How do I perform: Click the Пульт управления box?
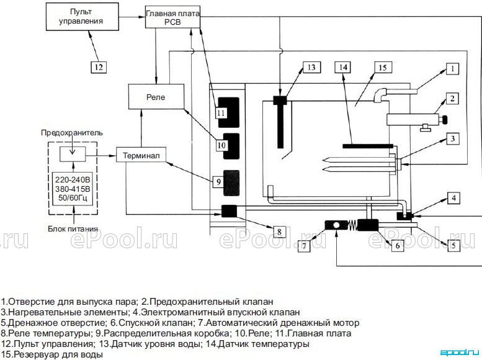click(83, 17)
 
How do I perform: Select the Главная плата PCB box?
click(172, 17)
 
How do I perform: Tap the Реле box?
click(156, 97)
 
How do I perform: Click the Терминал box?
click(141, 155)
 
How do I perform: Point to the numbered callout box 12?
click(99, 67)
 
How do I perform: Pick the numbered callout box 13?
click(311, 68)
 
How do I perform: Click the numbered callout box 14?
click(343, 68)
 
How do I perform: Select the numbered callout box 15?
click(383, 68)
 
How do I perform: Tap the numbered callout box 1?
click(452, 69)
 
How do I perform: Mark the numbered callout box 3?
click(452, 139)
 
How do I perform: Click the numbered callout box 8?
click(279, 232)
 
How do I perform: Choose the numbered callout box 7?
click(304, 246)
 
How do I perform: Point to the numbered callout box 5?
click(453, 246)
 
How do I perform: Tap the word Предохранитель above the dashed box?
click(72, 133)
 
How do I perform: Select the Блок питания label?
click(73, 229)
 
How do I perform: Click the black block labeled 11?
click(229, 112)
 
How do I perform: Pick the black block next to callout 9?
click(231, 183)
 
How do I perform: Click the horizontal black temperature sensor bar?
click(368, 146)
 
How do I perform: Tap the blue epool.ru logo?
click(460, 352)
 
